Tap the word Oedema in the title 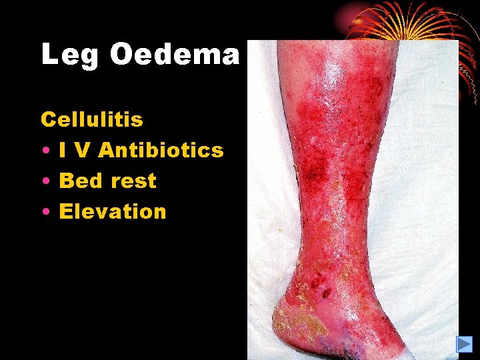tap(175, 54)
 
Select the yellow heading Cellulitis tap(92, 120)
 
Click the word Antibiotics tap(161, 151)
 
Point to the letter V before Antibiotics tap(83, 151)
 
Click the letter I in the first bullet tap(63, 151)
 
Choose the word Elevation tap(113, 212)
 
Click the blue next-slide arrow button tap(464, 344)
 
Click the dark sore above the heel tap(327, 294)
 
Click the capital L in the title tap(49, 54)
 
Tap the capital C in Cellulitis tap(48, 120)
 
